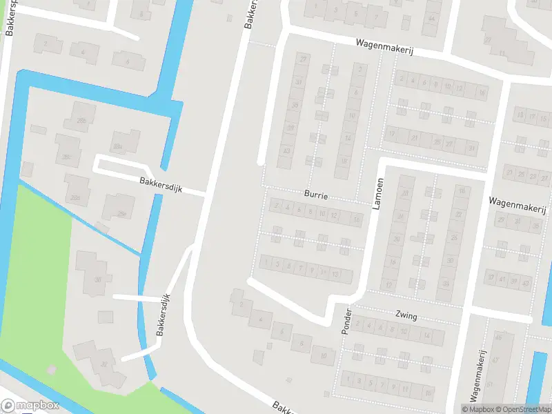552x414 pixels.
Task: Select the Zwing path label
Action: [406, 316]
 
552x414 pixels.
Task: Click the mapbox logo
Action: [30, 406]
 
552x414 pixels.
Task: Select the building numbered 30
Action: [99, 279]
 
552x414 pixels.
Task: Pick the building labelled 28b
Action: [81, 121]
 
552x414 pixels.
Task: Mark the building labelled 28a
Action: [118, 146]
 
